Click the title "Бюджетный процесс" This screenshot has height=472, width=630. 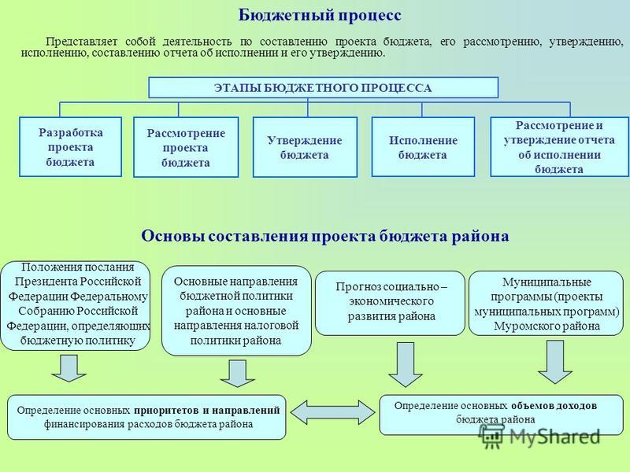[320, 16]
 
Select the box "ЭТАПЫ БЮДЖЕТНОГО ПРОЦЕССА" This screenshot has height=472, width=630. [324, 87]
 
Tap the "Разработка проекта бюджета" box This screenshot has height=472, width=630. [70, 147]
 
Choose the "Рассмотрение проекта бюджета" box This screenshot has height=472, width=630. [186, 147]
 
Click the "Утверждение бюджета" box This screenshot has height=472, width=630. [305, 147]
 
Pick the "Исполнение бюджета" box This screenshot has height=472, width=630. [423, 147]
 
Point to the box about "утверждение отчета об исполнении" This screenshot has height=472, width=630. [559, 147]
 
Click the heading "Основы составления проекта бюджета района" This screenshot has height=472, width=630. [325, 236]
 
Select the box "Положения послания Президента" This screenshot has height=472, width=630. [76, 305]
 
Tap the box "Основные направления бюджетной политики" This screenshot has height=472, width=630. [236, 311]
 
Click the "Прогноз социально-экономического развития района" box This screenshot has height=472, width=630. [390, 303]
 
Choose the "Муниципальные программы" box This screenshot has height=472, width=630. [547, 303]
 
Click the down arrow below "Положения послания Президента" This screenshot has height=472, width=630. [69, 368]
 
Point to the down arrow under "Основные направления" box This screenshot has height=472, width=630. [238, 373]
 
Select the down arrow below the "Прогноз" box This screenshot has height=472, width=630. [406, 364]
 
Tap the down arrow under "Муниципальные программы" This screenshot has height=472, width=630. [555, 362]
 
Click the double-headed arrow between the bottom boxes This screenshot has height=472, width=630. [332, 412]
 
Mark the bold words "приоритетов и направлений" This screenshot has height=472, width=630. [207, 411]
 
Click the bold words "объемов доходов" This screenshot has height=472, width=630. [554, 406]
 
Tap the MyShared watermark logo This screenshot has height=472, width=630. [540, 437]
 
